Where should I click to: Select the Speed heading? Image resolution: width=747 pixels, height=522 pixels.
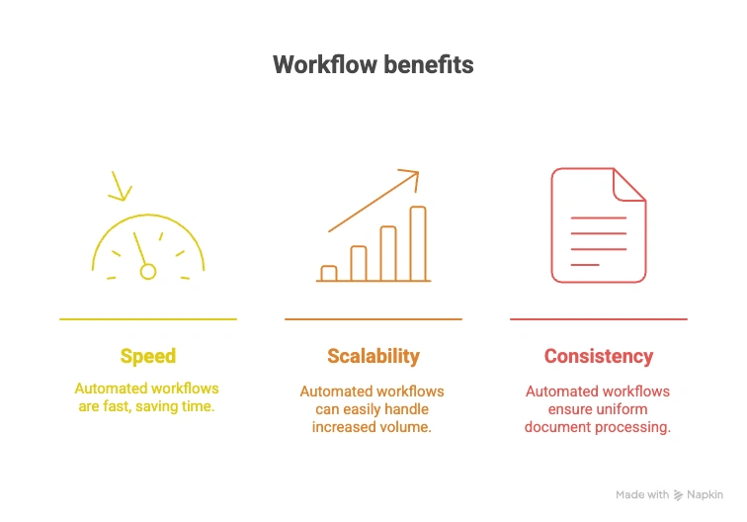tap(148, 357)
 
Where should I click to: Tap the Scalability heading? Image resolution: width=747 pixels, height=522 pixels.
tap(373, 357)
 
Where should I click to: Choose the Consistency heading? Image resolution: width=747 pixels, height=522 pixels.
tap(599, 357)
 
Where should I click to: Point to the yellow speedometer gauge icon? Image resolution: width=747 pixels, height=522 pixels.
tap(148, 247)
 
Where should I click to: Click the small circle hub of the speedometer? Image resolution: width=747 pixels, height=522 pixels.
tap(148, 271)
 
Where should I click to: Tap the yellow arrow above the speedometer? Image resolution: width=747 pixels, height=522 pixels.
tap(121, 185)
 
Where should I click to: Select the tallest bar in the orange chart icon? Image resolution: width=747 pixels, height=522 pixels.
tap(418, 243)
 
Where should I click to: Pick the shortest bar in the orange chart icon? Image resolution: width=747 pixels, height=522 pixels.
tap(329, 274)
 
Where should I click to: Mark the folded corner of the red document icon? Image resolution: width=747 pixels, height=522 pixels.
tap(629, 185)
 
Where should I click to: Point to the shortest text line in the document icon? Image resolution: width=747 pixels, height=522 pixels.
tap(585, 265)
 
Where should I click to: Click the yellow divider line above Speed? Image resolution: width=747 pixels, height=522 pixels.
tap(148, 319)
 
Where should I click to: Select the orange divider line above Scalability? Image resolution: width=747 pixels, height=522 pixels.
tap(373, 319)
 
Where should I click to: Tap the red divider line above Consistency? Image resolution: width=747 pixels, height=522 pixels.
tap(599, 319)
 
